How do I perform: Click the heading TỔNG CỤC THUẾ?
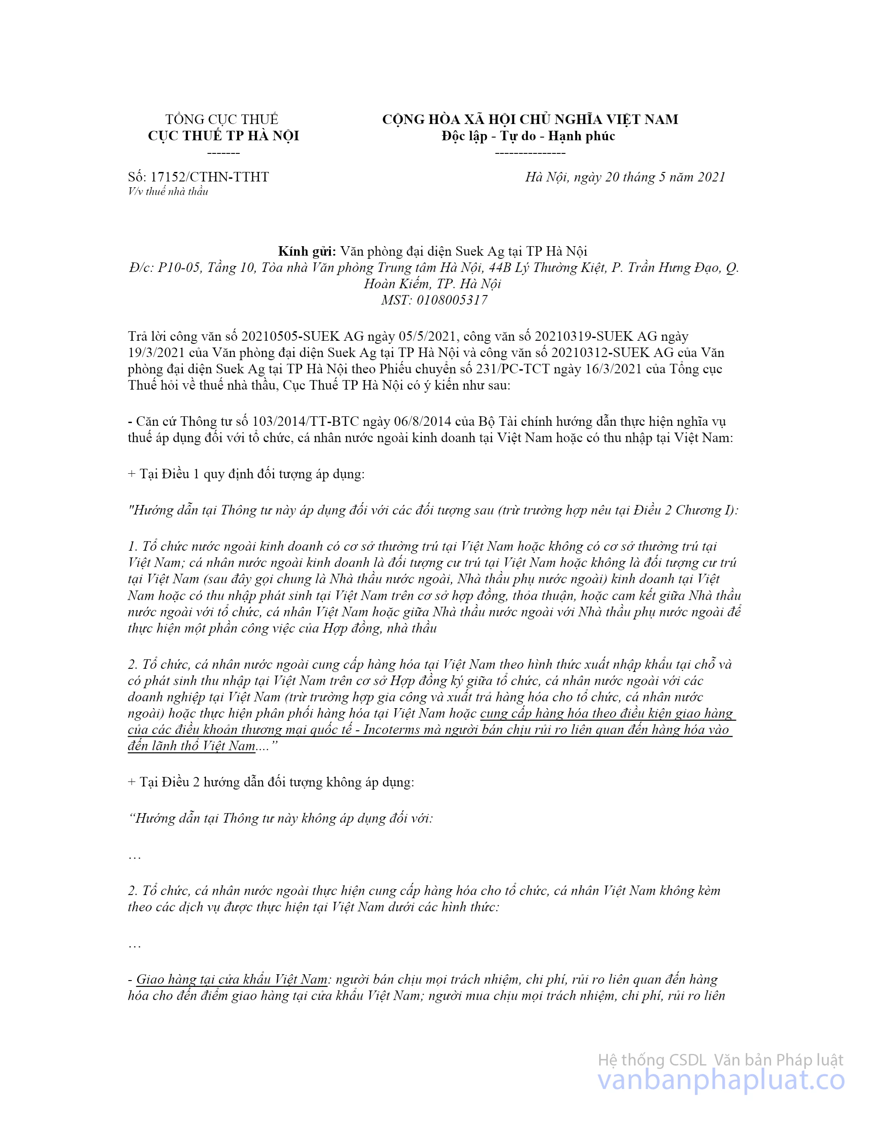[x=221, y=119]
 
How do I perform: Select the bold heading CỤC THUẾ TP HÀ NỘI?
[x=224, y=136]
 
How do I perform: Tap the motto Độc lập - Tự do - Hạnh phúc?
[x=528, y=136]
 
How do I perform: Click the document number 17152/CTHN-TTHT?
[x=210, y=177]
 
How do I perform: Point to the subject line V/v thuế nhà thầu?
[x=168, y=191]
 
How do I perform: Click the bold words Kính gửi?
[x=307, y=251]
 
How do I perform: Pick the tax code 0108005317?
[x=452, y=300]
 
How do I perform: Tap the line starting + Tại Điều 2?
[x=271, y=782]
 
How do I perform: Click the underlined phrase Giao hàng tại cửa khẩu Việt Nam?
[x=232, y=979]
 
